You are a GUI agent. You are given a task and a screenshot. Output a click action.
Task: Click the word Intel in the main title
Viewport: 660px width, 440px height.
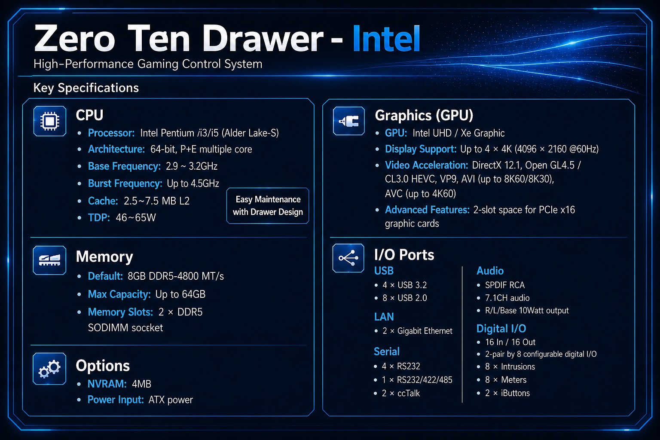point(386,39)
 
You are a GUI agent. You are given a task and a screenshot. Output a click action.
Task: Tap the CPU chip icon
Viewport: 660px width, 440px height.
point(50,121)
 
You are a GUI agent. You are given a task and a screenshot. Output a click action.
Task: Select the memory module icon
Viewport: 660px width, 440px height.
point(49,260)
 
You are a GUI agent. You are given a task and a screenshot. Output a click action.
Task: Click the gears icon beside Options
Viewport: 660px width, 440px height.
point(49,369)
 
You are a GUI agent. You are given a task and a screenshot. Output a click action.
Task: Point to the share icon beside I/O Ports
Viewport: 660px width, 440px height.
point(348,258)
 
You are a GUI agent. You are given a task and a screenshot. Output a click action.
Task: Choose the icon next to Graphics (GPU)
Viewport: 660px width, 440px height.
point(349,121)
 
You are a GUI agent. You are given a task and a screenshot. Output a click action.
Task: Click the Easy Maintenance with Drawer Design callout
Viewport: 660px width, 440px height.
point(268,206)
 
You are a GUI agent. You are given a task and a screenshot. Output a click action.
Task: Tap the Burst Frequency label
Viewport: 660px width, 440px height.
point(125,183)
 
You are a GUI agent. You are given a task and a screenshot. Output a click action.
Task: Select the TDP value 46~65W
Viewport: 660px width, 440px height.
point(135,218)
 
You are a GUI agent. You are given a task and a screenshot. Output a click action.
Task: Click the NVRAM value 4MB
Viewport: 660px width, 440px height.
point(141,384)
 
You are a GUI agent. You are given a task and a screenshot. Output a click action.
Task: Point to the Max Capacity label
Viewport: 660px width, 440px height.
point(119,294)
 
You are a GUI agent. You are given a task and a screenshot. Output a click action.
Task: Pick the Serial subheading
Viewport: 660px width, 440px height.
point(387,351)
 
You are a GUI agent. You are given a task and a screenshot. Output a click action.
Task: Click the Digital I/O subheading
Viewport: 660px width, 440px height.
point(501,329)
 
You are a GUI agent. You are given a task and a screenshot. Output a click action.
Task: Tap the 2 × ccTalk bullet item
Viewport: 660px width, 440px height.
point(401,393)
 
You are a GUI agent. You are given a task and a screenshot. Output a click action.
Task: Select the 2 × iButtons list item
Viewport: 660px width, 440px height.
point(507,393)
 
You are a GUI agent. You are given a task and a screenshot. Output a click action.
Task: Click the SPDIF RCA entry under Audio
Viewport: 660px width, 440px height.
point(505,285)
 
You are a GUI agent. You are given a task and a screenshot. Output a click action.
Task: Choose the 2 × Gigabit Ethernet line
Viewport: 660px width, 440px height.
point(417,331)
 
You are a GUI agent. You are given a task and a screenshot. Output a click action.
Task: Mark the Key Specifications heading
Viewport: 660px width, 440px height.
point(86,88)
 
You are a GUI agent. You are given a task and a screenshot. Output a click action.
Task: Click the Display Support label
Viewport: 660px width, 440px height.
point(421,149)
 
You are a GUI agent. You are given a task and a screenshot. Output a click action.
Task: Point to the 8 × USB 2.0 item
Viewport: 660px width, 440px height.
point(404,298)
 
